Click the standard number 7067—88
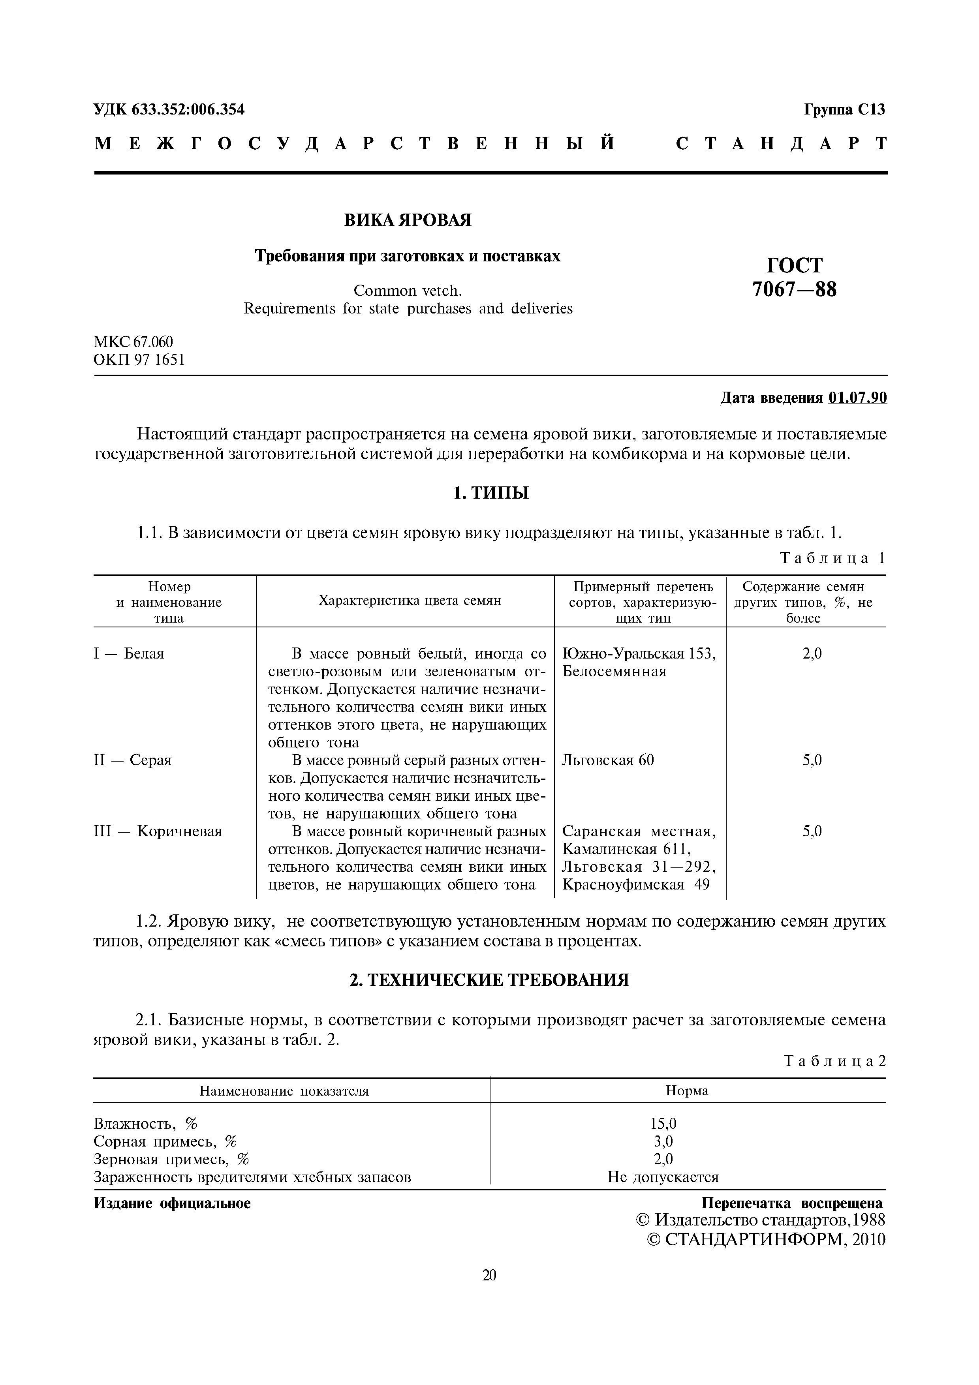pyautogui.click(x=795, y=289)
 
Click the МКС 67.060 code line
pyautogui.click(x=133, y=342)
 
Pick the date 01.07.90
pyautogui.click(x=857, y=398)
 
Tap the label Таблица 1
pyautogui.click(x=832, y=558)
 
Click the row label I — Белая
pyautogui.click(x=129, y=654)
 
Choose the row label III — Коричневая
pyautogui.click(x=158, y=832)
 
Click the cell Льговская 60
pyautogui.click(x=607, y=760)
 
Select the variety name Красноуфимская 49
pyautogui.click(x=636, y=885)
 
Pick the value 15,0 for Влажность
pyautogui.click(x=663, y=1123)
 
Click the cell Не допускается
pyautogui.click(x=663, y=1177)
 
